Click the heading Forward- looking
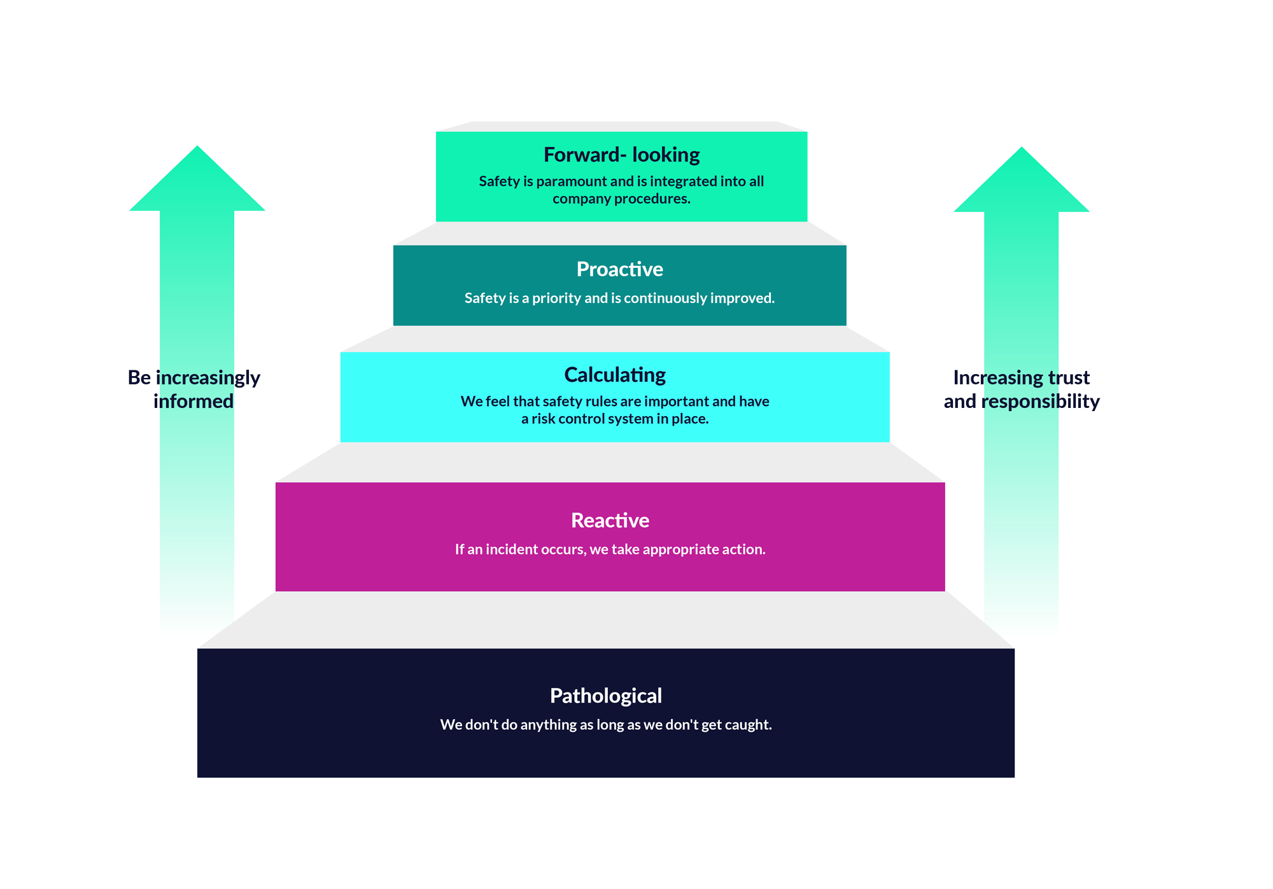(x=621, y=155)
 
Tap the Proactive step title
(x=619, y=269)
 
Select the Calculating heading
(x=615, y=375)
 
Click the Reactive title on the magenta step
(x=610, y=521)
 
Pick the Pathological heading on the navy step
(x=605, y=696)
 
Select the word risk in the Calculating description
(x=543, y=419)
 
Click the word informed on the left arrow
(x=193, y=402)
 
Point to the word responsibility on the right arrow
(x=1041, y=402)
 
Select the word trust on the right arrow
(x=1069, y=378)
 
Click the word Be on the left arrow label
(x=139, y=378)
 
